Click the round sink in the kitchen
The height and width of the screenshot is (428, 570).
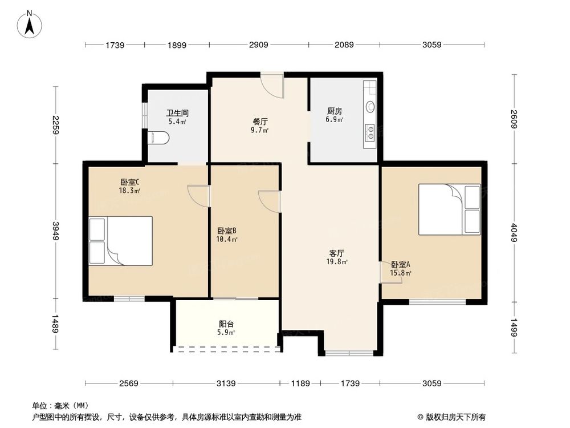click(370, 106)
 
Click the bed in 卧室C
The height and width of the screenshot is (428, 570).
click(121, 241)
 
